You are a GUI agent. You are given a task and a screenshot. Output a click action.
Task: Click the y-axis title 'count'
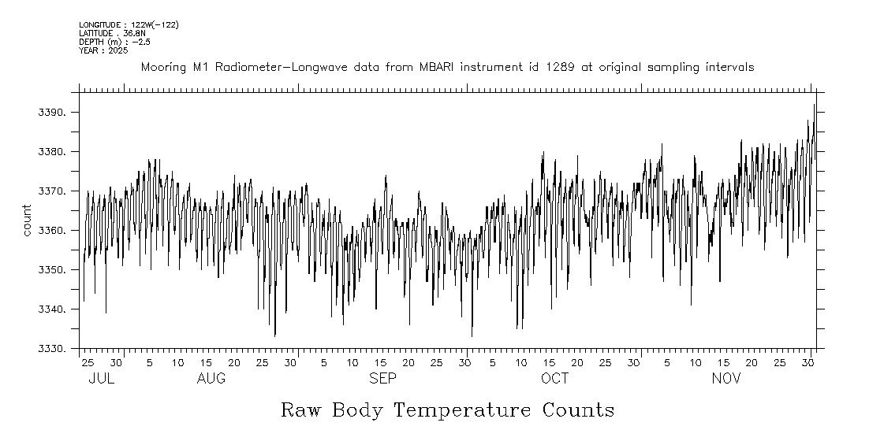tap(27, 220)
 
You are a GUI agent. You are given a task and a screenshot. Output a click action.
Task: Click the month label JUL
tap(102, 379)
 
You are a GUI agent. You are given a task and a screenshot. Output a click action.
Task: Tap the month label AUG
tap(211, 379)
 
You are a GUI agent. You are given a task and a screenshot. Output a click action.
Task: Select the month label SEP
tap(383, 379)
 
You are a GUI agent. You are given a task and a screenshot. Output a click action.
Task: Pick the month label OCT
tap(554, 379)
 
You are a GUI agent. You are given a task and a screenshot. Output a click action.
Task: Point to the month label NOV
tap(726, 379)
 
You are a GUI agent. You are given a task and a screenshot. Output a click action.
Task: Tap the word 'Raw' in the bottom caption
tap(301, 410)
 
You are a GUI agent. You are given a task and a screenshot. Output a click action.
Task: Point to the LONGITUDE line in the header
tap(129, 25)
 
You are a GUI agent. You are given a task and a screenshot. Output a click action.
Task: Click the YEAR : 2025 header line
tap(103, 50)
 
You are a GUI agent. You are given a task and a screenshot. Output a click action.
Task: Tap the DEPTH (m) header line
tap(114, 42)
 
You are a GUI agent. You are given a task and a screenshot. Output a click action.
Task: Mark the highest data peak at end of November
tap(814, 104)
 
